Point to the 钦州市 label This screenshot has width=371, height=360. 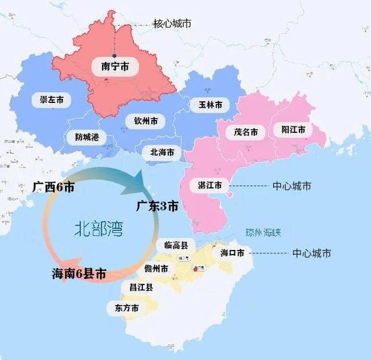(x=145, y=121)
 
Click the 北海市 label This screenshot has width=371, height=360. (x=162, y=152)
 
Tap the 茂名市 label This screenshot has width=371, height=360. (x=246, y=132)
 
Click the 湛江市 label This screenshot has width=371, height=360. (x=210, y=186)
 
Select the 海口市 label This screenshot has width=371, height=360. (x=232, y=253)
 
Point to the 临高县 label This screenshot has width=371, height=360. (x=176, y=246)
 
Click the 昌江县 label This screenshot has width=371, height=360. (x=141, y=287)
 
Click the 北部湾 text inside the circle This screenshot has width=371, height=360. (x=97, y=227)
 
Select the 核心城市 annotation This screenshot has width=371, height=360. (x=172, y=23)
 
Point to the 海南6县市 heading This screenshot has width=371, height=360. (x=79, y=273)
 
